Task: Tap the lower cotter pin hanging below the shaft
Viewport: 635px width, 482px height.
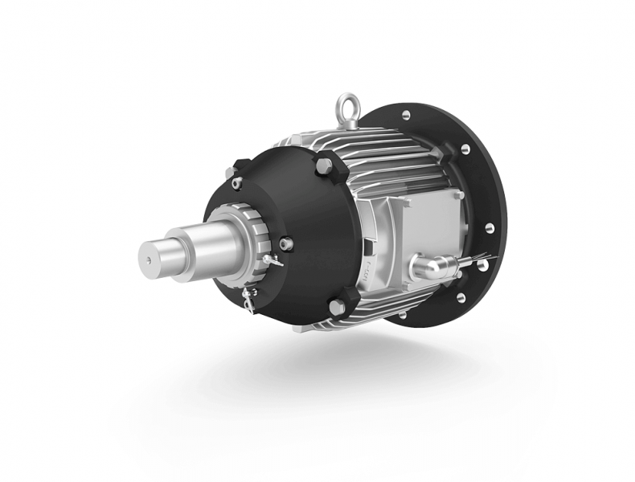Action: click(248, 300)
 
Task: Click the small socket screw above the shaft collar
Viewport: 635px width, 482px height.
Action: click(236, 183)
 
